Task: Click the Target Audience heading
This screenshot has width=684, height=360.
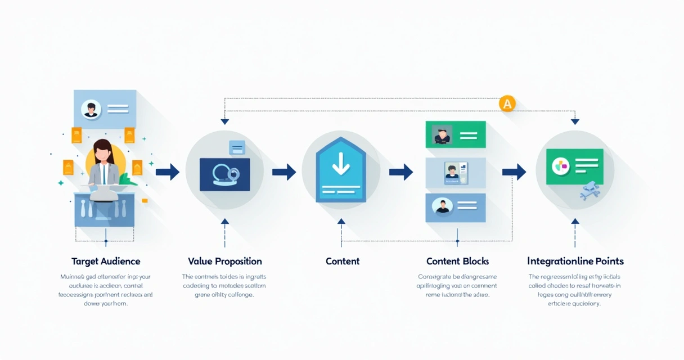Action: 106,261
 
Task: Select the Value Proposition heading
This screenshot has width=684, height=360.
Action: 225,261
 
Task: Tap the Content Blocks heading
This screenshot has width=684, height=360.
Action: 457,261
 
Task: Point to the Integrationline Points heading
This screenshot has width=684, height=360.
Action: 575,261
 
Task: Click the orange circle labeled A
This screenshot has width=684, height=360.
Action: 507,103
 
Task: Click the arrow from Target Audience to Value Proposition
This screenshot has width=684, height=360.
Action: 167,172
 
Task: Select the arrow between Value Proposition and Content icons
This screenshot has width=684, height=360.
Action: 284,172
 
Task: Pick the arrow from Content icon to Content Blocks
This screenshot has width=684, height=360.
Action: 401,172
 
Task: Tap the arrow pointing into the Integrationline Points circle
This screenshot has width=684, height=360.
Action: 514,172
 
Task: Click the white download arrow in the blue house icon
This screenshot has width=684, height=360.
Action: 341,161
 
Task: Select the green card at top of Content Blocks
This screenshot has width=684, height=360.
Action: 455,135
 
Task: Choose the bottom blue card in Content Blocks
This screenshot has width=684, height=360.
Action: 455,207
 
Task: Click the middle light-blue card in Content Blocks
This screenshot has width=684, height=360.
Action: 455,172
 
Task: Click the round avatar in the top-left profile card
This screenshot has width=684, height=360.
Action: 91,109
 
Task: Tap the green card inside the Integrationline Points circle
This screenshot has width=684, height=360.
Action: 574,166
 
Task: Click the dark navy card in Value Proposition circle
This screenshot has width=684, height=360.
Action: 224,174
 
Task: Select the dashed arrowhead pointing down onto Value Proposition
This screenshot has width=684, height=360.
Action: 225,121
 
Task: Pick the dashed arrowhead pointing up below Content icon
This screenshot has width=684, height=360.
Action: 341,222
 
